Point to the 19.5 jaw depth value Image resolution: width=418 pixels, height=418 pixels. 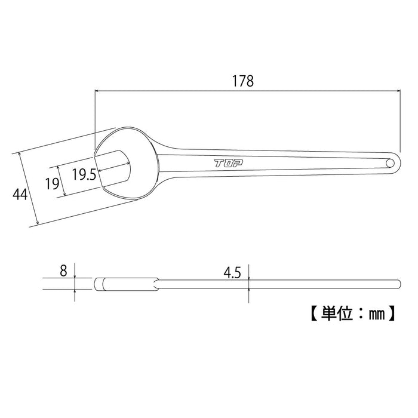tap(84, 174)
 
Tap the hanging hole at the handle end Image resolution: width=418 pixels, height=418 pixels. tap(390, 162)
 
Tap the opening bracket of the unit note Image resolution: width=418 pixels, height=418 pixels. tap(313, 312)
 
